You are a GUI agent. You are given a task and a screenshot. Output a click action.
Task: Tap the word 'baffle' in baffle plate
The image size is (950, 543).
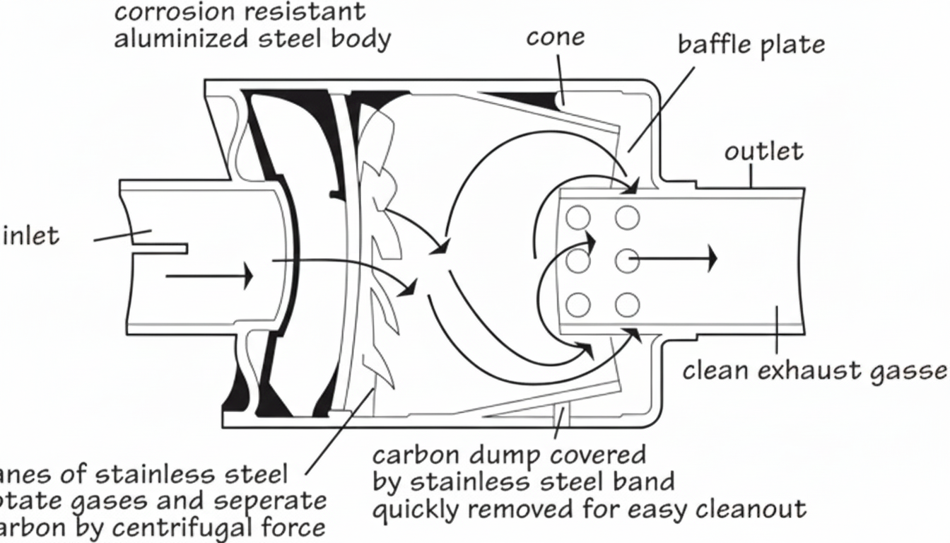click(x=715, y=44)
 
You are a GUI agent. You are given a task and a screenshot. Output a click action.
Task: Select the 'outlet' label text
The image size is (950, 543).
click(x=763, y=151)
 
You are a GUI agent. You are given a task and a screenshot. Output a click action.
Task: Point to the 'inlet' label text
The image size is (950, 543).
click(x=31, y=235)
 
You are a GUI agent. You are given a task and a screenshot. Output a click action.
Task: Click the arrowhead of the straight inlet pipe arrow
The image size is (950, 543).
click(x=247, y=276)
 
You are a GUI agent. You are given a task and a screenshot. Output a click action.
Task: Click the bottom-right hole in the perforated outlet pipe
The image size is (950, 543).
click(x=626, y=305)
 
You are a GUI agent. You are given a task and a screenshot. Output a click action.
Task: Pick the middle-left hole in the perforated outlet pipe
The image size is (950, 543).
click(x=578, y=261)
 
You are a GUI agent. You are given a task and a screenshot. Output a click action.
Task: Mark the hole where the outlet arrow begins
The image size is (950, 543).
click(x=626, y=261)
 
